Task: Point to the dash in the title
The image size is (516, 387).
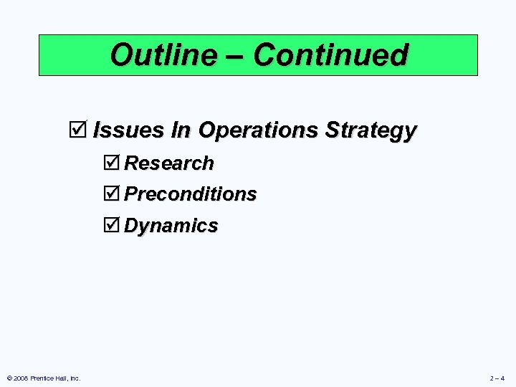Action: coord(240,56)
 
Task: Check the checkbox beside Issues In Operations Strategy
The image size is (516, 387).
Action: coord(78,130)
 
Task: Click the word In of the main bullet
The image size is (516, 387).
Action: coord(182,130)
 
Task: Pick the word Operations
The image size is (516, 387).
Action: coord(259,130)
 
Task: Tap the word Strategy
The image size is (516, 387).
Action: coord(371,131)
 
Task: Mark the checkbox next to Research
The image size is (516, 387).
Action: coord(113,163)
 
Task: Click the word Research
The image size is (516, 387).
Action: coord(169,163)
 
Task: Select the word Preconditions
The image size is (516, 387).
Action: coord(191,194)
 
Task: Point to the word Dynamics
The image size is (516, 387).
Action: coord(171,226)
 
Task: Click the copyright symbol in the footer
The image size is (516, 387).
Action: coord(9,378)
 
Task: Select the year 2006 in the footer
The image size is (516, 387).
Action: coord(20,378)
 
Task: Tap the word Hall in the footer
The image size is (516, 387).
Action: coord(60,378)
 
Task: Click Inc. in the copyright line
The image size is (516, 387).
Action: coord(75,378)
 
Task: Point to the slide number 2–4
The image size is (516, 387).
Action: coord(497,378)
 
